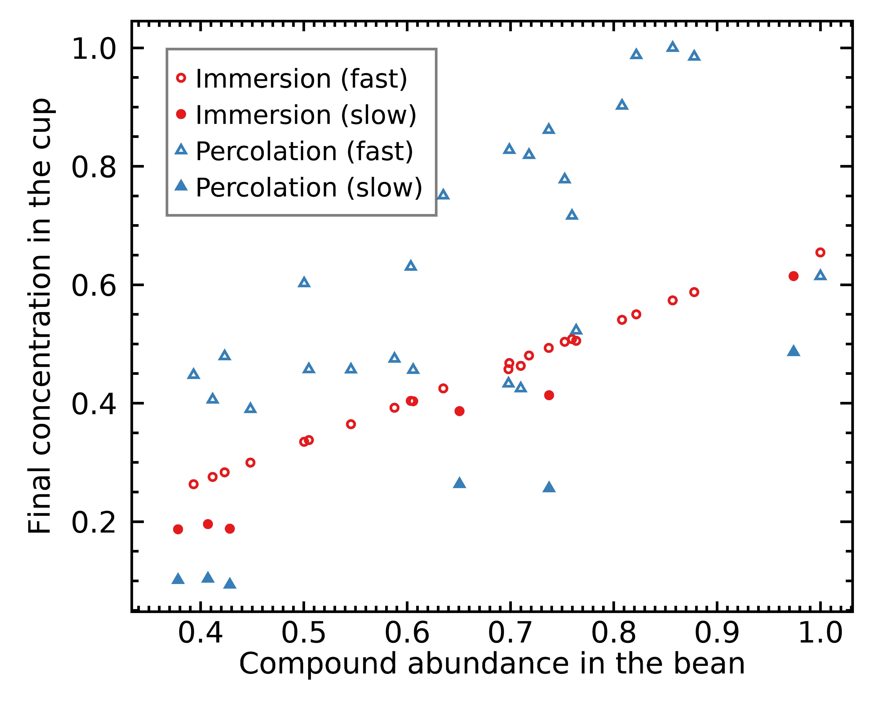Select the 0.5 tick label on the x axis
304,633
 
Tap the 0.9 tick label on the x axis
717,633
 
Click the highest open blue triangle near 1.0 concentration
672,47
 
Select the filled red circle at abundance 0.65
460,411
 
